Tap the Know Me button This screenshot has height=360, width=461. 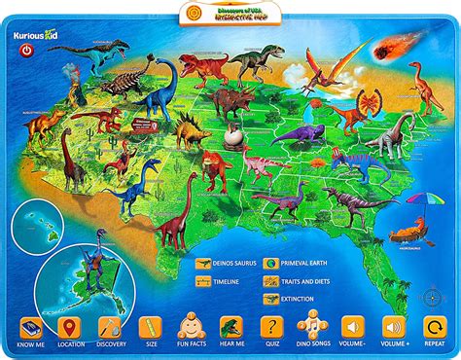30,327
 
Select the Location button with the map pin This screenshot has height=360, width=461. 69,327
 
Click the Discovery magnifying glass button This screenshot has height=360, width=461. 110,327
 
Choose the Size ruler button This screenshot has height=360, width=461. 150,327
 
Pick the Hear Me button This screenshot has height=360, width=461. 231,327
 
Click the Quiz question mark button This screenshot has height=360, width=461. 271,327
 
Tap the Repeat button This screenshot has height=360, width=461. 434,327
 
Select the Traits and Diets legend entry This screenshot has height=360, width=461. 305,280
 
